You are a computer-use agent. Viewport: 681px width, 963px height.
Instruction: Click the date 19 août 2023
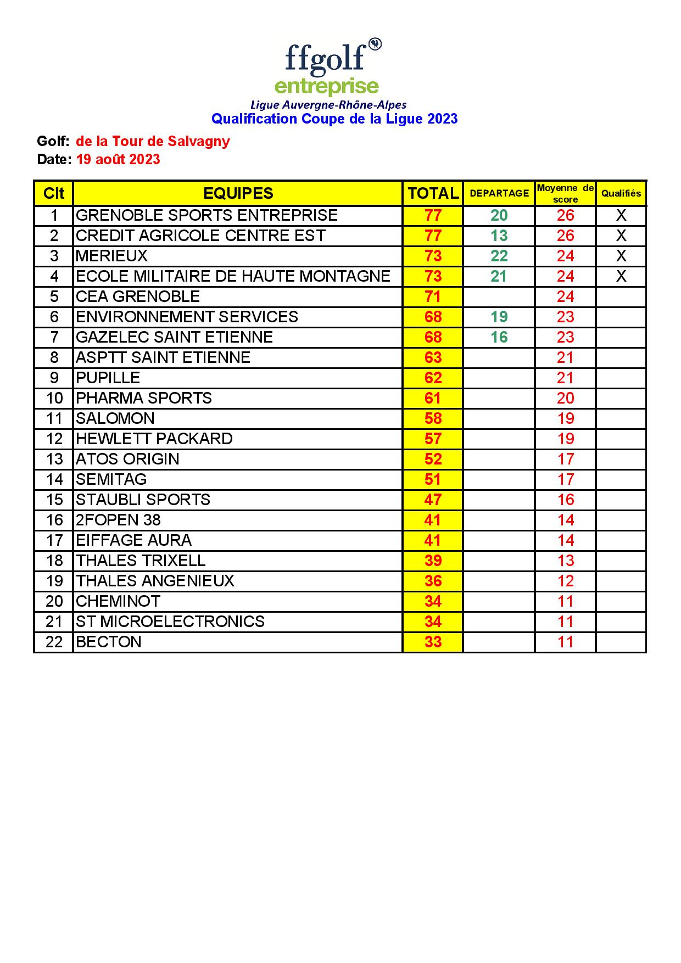tap(118, 160)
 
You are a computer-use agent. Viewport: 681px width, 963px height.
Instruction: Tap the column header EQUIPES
tap(238, 193)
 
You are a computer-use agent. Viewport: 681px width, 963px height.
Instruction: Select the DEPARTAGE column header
tap(499, 193)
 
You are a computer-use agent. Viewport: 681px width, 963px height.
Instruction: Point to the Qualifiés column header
tap(621, 193)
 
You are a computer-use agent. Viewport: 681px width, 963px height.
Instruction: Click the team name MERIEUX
tap(112, 256)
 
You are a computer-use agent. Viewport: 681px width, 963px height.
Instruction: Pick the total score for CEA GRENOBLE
tap(433, 296)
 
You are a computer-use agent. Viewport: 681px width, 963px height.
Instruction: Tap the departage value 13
tap(499, 236)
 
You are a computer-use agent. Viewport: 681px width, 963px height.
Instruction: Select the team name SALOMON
tap(115, 418)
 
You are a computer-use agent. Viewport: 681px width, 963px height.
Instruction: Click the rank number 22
tap(54, 642)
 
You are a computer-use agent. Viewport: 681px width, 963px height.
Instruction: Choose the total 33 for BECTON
tap(433, 642)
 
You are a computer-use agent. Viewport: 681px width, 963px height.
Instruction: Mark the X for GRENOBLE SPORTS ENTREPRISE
tap(621, 215)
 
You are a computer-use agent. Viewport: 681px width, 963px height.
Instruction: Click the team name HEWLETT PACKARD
tap(154, 439)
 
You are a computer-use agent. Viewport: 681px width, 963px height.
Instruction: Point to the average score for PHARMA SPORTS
tap(566, 398)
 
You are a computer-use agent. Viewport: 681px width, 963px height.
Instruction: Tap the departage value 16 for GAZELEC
tap(499, 337)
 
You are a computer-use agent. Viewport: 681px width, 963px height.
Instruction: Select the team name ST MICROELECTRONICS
tap(170, 622)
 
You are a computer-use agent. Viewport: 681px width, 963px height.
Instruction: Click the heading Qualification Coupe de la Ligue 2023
tap(334, 119)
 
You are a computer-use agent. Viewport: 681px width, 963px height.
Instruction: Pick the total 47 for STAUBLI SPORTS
tap(433, 500)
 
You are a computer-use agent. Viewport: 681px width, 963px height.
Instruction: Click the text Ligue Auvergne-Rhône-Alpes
tap(328, 104)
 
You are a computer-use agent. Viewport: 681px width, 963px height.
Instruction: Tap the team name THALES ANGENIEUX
tap(155, 581)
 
